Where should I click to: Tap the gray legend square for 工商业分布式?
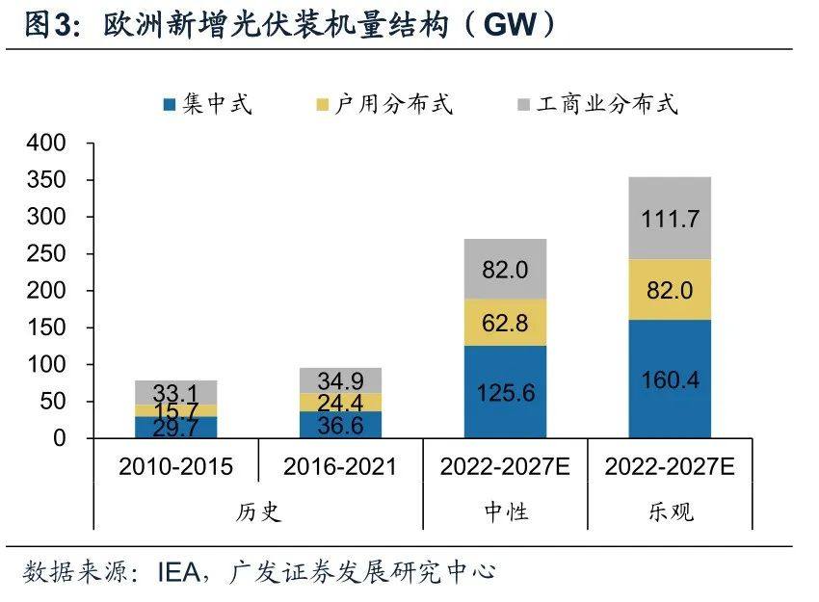[x=524, y=104]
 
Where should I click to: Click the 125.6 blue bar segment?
[x=505, y=392]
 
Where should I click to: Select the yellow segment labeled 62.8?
[x=505, y=323]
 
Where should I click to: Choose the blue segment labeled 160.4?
[x=670, y=380]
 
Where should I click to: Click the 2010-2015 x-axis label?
[x=175, y=467]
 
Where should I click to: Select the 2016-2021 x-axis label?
[x=339, y=467]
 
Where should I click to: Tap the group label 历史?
[x=257, y=510]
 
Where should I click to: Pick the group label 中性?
[x=505, y=510]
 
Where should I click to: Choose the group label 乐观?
[x=670, y=510]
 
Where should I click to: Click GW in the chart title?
[x=509, y=26]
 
